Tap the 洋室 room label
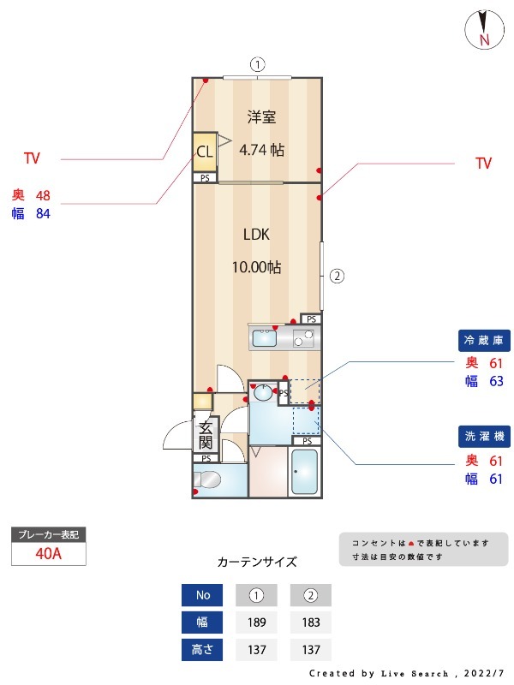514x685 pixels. coord(262,116)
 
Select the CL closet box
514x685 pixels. coord(205,152)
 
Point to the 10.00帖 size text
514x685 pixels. coord(256,267)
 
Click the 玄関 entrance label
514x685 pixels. coord(206,435)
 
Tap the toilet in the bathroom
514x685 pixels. coord(211,479)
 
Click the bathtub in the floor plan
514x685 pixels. coord(306,471)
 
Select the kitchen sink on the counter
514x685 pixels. coord(264,339)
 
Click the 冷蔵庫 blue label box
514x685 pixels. coord(484,340)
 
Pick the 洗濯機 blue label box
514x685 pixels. coord(484,436)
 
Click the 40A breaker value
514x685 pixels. coord(48,553)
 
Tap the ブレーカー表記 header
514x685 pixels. coord(48,534)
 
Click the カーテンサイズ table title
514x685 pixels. coord(257,563)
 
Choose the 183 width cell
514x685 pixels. coord(311,622)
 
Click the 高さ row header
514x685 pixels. coord(202,650)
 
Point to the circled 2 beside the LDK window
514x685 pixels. coord(338,276)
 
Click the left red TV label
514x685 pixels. coord(32,158)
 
